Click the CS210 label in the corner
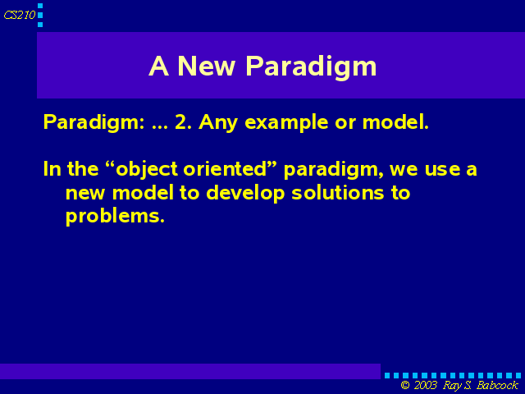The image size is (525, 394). click(x=20, y=15)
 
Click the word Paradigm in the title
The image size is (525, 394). click(x=311, y=67)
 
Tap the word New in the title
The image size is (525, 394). click(x=206, y=66)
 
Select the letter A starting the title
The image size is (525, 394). click(x=158, y=66)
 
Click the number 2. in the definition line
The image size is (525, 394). click(x=183, y=122)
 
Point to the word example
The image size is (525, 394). click(x=286, y=123)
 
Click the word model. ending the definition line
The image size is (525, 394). click(x=395, y=122)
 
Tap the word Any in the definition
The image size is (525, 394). click(x=218, y=123)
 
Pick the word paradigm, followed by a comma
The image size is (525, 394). click(x=334, y=170)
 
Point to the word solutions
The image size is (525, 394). click(x=337, y=193)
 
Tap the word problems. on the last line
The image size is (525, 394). click(x=115, y=217)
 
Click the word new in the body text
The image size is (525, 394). click(x=85, y=194)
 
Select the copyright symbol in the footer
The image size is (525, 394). click(x=405, y=385)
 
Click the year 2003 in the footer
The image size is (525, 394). click(x=426, y=385)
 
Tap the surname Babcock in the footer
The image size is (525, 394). click(x=497, y=385)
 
